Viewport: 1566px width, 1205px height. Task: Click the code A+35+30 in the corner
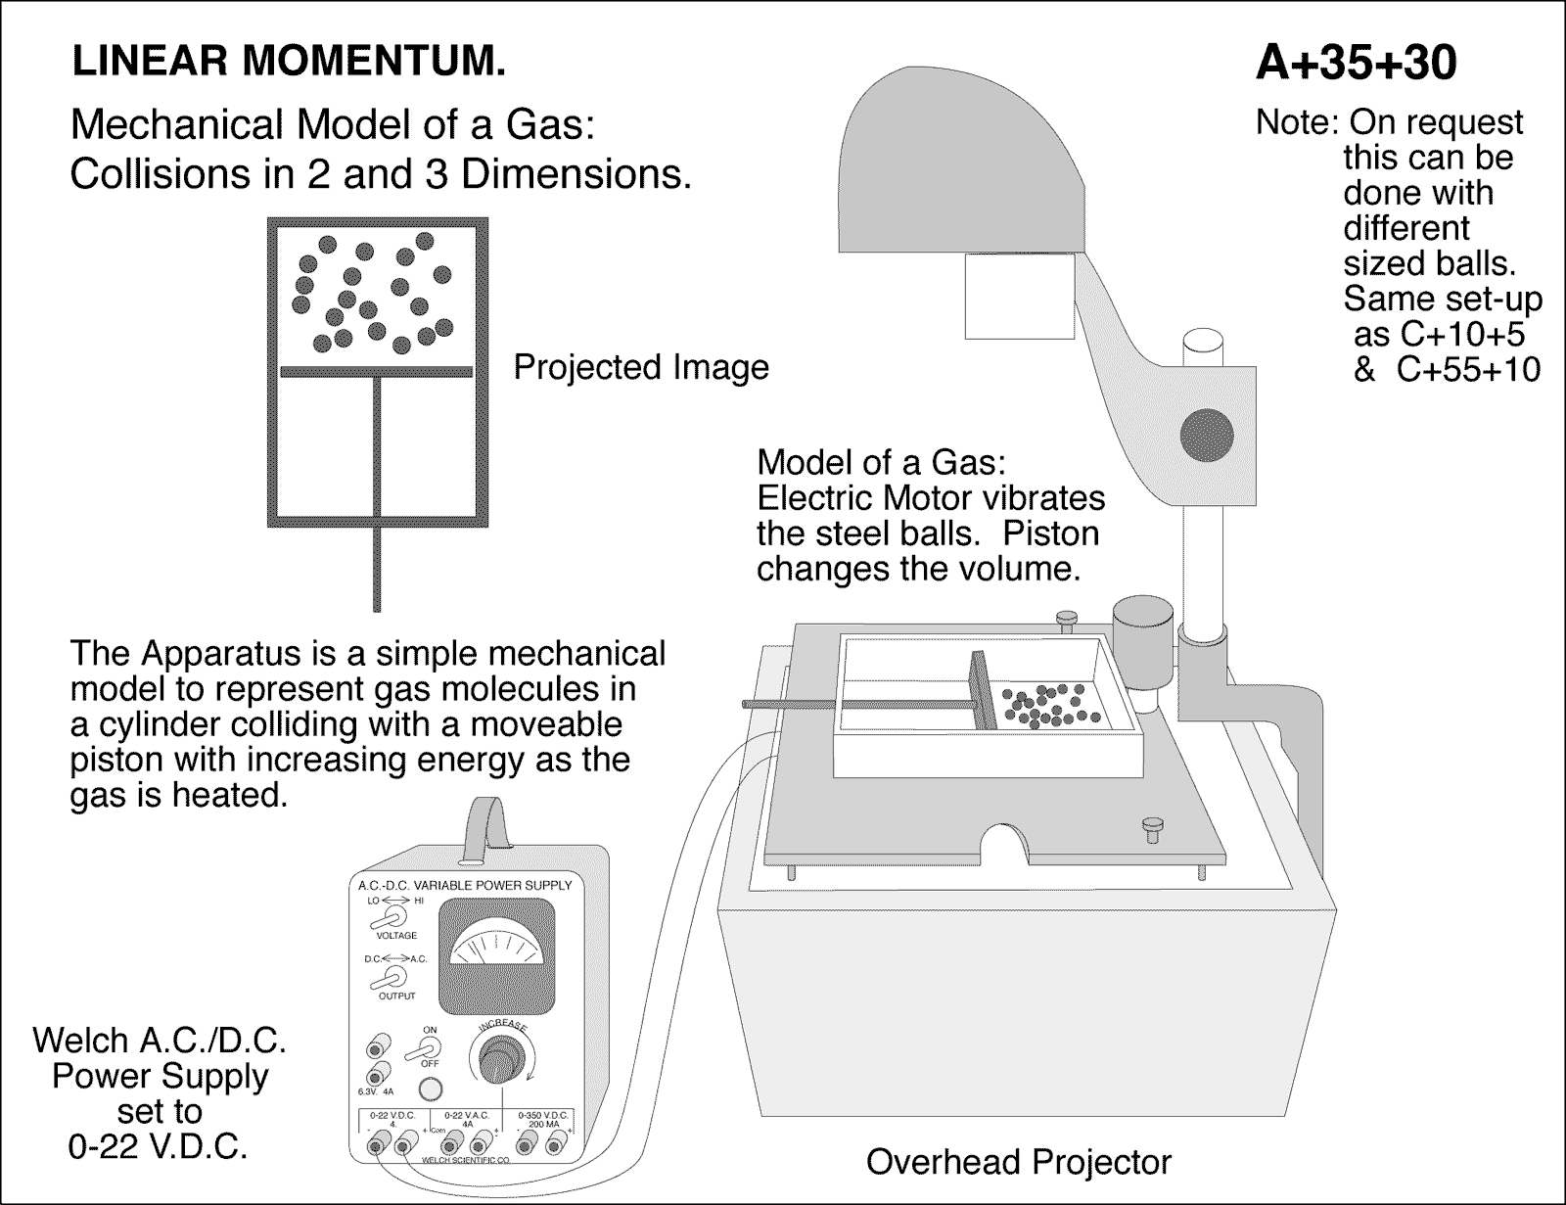tap(1356, 64)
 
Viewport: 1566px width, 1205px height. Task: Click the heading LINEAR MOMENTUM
tap(290, 63)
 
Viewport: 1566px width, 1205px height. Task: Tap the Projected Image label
tap(641, 367)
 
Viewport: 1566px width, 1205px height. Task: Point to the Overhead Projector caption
tap(1018, 1162)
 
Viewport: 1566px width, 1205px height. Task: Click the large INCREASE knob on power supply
tap(500, 1061)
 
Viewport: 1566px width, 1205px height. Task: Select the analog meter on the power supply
tap(496, 957)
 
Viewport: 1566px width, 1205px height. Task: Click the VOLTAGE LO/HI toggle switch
tap(395, 915)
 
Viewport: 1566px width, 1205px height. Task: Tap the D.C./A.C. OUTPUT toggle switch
tap(395, 976)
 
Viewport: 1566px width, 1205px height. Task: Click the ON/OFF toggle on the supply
tap(428, 1047)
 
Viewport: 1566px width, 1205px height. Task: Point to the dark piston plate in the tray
tap(982, 691)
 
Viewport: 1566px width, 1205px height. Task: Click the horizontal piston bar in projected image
tap(377, 371)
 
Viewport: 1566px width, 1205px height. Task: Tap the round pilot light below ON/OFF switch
tap(428, 1089)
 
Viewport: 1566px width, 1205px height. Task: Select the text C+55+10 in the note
tap(1468, 370)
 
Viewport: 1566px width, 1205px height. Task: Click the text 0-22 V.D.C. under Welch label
tap(158, 1146)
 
